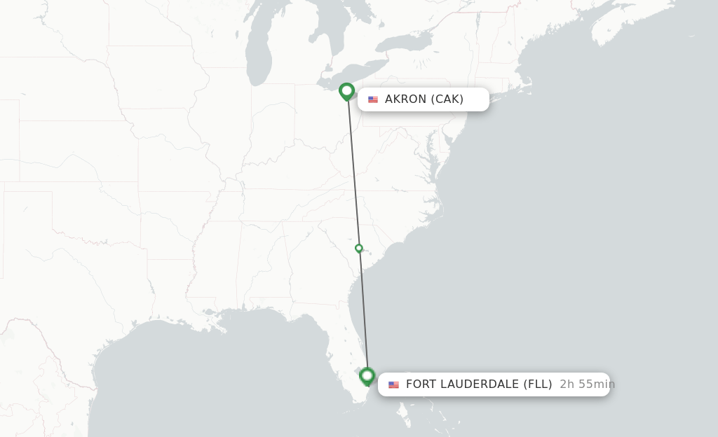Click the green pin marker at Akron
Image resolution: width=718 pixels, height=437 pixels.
click(x=346, y=91)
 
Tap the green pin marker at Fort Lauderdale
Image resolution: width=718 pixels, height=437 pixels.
click(x=367, y=376)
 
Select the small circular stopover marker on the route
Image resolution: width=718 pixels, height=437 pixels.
click(x=359, y=248)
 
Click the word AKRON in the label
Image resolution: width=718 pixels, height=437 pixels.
click(x=406, y=99)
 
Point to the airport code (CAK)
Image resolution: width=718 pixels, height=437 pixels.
click(x=447, y=99)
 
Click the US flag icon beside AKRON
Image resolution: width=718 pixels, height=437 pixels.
click(x=373, y=99)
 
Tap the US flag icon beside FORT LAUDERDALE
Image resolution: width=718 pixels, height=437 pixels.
click(x=393, y=384)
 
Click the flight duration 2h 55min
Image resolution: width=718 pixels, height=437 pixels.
click(x=587, y=384)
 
